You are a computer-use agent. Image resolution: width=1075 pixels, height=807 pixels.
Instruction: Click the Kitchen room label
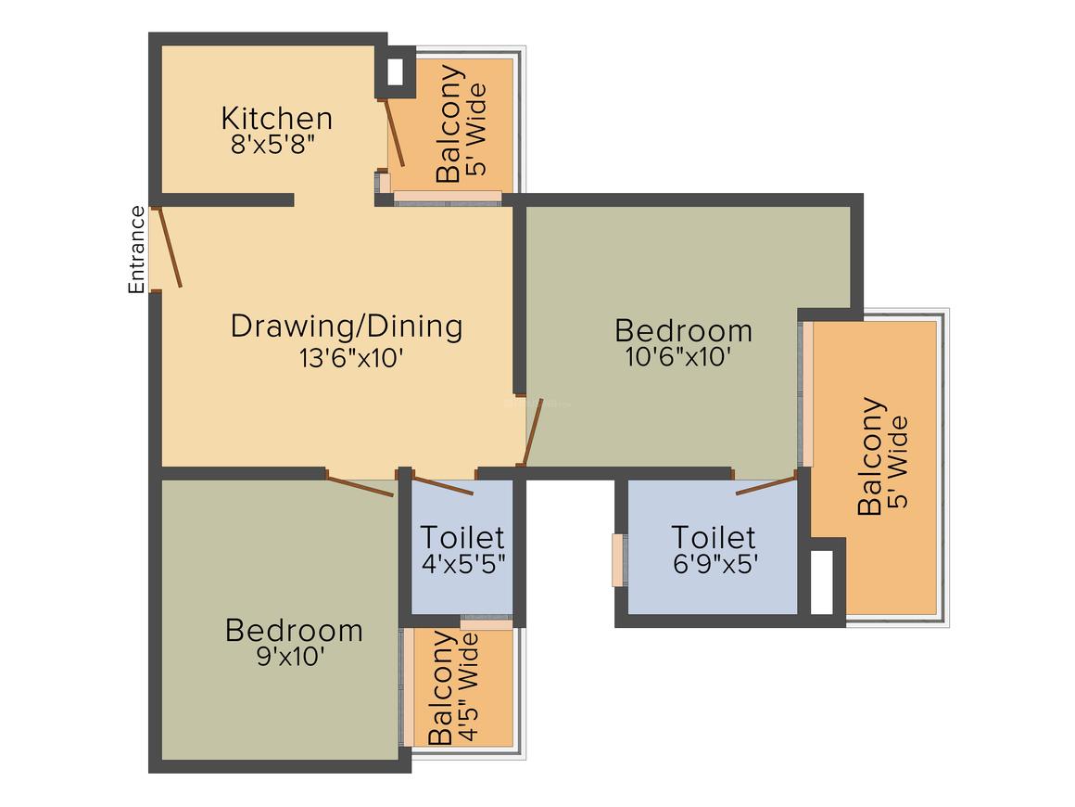[x=276, y=119]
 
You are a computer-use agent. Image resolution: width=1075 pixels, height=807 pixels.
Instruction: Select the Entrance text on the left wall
[x=136, y=250]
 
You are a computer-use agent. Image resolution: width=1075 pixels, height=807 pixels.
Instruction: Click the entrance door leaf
[x=171, y=248]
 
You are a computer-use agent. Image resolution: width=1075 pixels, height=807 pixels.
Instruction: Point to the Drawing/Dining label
[x=346, y=327]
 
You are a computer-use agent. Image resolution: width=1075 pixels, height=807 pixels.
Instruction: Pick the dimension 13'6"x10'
[x=350, y=358]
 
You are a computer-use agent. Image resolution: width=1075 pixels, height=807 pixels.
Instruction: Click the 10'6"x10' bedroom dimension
[x=682, y=358]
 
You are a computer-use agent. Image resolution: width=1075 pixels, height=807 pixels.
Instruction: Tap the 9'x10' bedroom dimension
[x=293, y=657]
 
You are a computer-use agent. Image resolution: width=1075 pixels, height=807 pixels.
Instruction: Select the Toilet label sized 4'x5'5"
[x=462, y=537]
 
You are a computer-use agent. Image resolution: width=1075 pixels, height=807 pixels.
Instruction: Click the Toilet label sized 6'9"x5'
[x=713, y=537]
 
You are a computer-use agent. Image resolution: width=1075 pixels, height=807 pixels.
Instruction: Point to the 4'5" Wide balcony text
[x=469, y=686]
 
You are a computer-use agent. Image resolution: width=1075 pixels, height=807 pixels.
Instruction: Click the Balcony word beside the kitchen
[x=449, y=123]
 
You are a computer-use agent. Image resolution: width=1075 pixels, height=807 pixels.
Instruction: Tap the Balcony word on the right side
[x=870, y=456]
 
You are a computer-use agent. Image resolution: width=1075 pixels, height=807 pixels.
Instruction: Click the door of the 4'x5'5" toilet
[x=442, y=485]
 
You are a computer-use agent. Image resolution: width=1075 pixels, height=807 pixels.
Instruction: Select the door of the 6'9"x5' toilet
[x=765, y=484]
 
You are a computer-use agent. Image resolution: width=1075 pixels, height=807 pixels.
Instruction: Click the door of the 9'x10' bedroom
[x=360, y=485]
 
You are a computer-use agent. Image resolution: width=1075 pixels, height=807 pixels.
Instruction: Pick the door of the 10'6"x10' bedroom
[x=533, y=432]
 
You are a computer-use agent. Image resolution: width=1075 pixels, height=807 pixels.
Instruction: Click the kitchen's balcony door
[x=396, y=134]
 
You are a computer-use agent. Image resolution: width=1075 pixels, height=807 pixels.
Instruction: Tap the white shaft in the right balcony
[x=822, y=582]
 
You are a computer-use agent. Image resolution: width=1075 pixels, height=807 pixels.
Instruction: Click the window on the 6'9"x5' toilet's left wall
[x=617, y=560]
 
